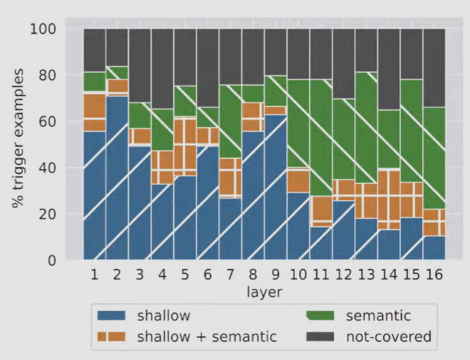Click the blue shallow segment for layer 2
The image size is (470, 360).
(x=117, y=177)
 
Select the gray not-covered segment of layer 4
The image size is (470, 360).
(x=162, y=69)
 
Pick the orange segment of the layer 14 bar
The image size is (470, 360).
(x=389, y=200)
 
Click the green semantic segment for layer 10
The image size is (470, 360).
(x=299, y=124)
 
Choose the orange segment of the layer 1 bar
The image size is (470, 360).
(x=94, y=112)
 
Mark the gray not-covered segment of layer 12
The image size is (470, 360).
(x=344, y=64)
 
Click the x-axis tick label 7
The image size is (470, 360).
(x=230, y=274)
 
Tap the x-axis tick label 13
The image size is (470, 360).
(x=366, y=274)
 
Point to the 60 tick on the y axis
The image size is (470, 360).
(x=47, y=121)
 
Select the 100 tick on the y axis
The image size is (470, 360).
(x=43, y=29)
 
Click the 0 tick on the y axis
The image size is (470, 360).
(x=51, y=260)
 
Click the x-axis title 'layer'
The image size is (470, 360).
(x=264, y=292)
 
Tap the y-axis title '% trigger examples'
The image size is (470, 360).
(x=17, y=138)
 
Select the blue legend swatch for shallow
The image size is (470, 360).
(x=111, y=316)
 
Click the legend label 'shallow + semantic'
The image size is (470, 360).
(x=207, y=336)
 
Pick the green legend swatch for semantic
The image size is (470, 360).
(x=320, y=316)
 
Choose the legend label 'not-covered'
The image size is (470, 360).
(x=389, y=336)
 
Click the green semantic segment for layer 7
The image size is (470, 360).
(x=230, y=121)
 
